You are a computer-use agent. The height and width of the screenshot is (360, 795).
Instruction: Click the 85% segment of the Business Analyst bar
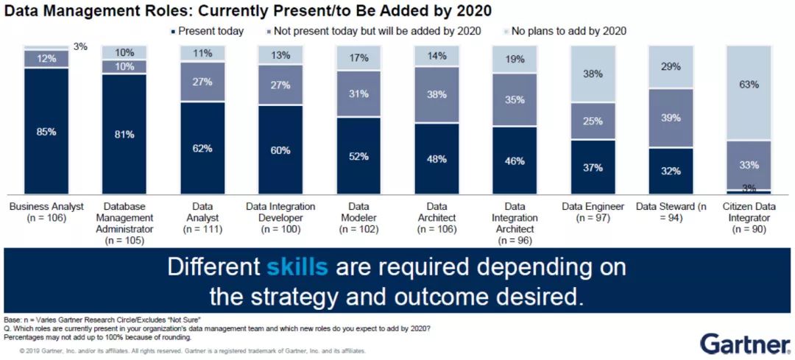tap(46, 131)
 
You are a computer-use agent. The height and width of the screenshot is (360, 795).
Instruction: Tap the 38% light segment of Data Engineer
tap(593, 74)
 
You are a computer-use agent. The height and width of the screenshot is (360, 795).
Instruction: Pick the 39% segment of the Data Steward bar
tap(671, 119)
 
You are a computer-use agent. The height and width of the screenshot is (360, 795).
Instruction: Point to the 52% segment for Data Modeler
tap(358, 155)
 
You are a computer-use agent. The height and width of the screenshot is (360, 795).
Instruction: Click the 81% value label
tap(124, 134)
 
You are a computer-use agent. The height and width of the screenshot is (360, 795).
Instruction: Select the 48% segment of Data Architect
tap(437, 158)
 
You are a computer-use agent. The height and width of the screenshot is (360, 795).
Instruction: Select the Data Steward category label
tap(671, 213)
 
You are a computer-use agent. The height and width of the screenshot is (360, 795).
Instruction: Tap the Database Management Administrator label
tap(124, 223)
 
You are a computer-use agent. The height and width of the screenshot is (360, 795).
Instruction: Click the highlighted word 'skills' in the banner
tap(297, 267)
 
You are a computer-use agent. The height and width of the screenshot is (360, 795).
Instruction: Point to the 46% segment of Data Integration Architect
tap(515, 160)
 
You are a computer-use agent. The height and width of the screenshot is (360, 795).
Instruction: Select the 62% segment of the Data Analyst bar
tap(202, 148)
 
